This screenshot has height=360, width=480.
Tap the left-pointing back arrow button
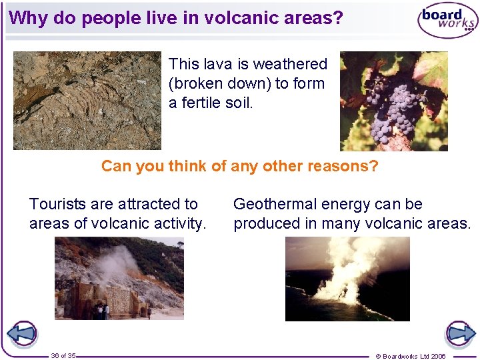click(22, 333)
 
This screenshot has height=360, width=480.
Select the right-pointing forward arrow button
click(460, 333)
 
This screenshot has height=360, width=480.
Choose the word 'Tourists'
click(57, 204)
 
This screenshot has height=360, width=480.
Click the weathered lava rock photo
click(87, 100)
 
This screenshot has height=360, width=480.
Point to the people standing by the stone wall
click(101, 310)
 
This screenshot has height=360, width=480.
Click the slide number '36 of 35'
click(63, 355)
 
